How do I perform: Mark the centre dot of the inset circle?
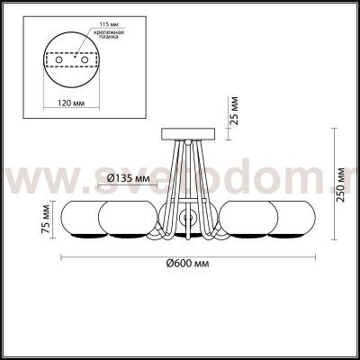point(77,60)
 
